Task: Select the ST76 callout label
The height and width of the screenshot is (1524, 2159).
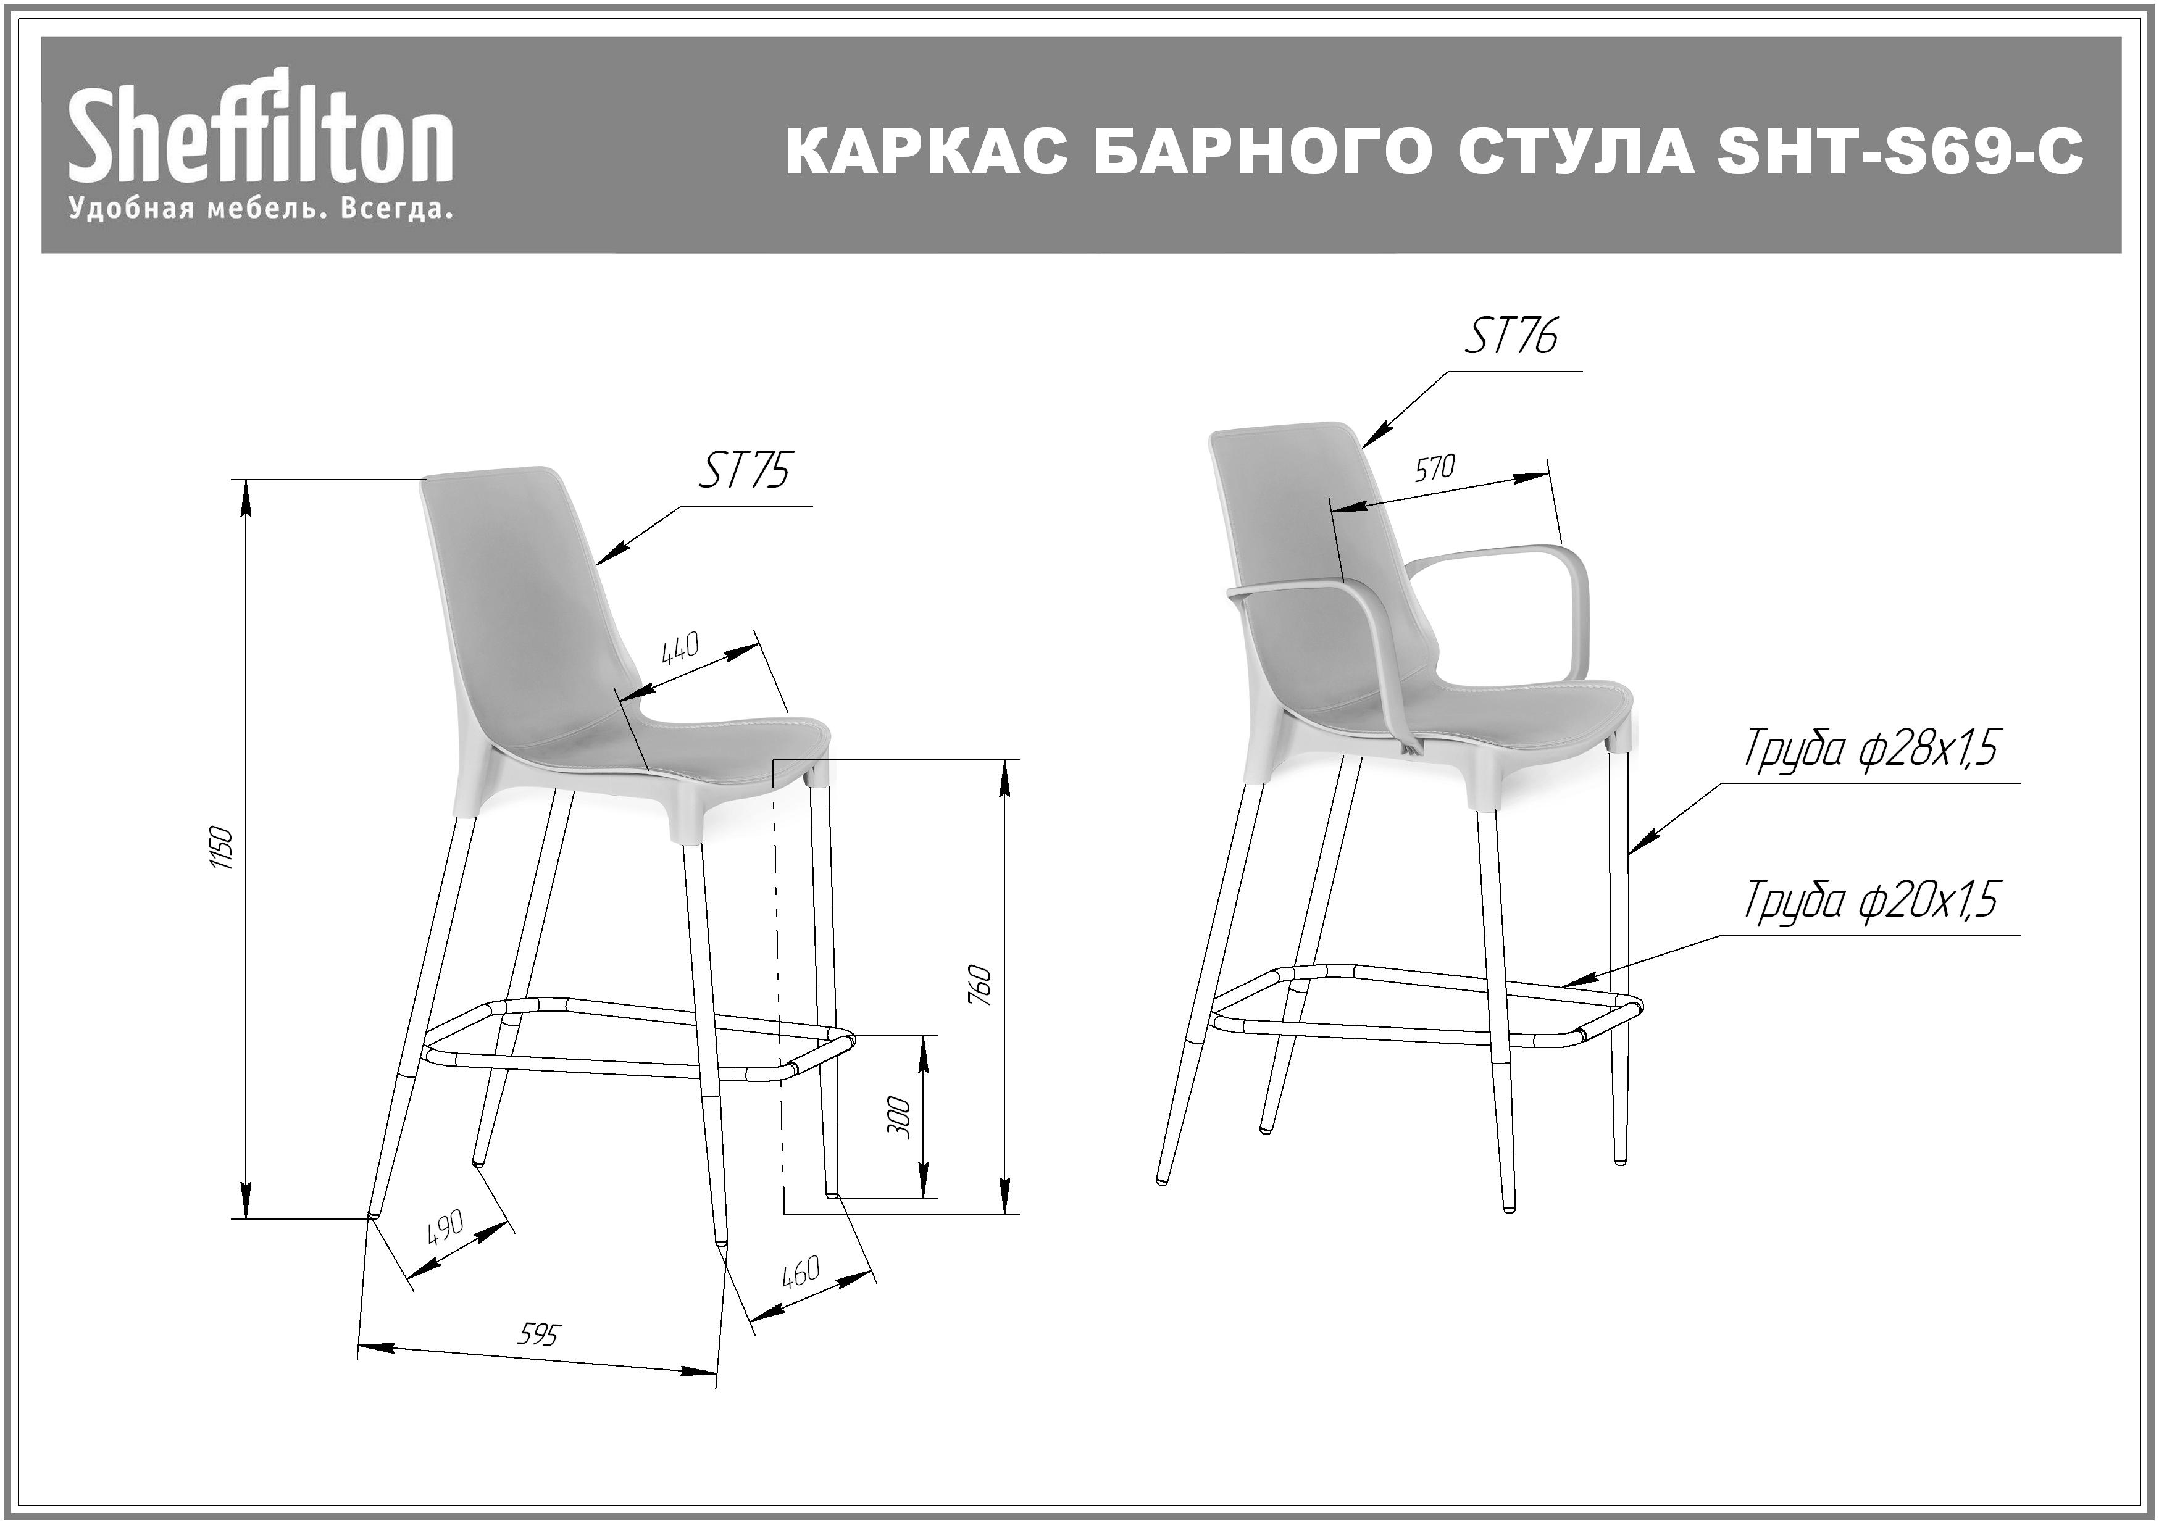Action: coord(1511,336)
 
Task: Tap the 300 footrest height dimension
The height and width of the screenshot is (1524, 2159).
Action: coord(900,1117)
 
